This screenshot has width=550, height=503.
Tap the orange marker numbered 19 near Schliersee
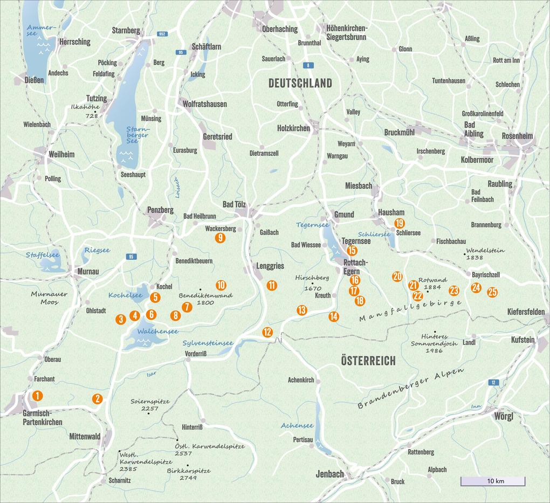[x=399, y=223]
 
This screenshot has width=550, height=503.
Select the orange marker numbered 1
[x=37, y=396]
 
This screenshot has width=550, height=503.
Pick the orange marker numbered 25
[x=492, y=292]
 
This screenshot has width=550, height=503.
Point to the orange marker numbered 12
[x=267, y=332]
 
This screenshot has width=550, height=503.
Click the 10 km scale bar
[x=492, y=481]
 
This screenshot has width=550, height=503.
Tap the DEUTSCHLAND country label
[x=300, y=83]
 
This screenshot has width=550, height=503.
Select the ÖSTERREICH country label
[x=368, y=361]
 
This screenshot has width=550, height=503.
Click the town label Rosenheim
[x=517, y=136]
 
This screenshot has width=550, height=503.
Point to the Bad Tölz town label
[x=234, y=204]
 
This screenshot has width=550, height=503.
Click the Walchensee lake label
[x=157, y=331]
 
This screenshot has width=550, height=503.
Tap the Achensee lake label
[x=297, y=425]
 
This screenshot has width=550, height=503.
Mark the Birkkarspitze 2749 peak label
[x=188, y=474]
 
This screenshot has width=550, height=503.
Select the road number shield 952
[x=162, y=34]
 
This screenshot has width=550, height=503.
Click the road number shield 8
[x=308, y=65]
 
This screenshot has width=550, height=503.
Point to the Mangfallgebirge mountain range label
[x=410, y=311]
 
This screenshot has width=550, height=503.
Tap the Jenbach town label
[x=329, y=474]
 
